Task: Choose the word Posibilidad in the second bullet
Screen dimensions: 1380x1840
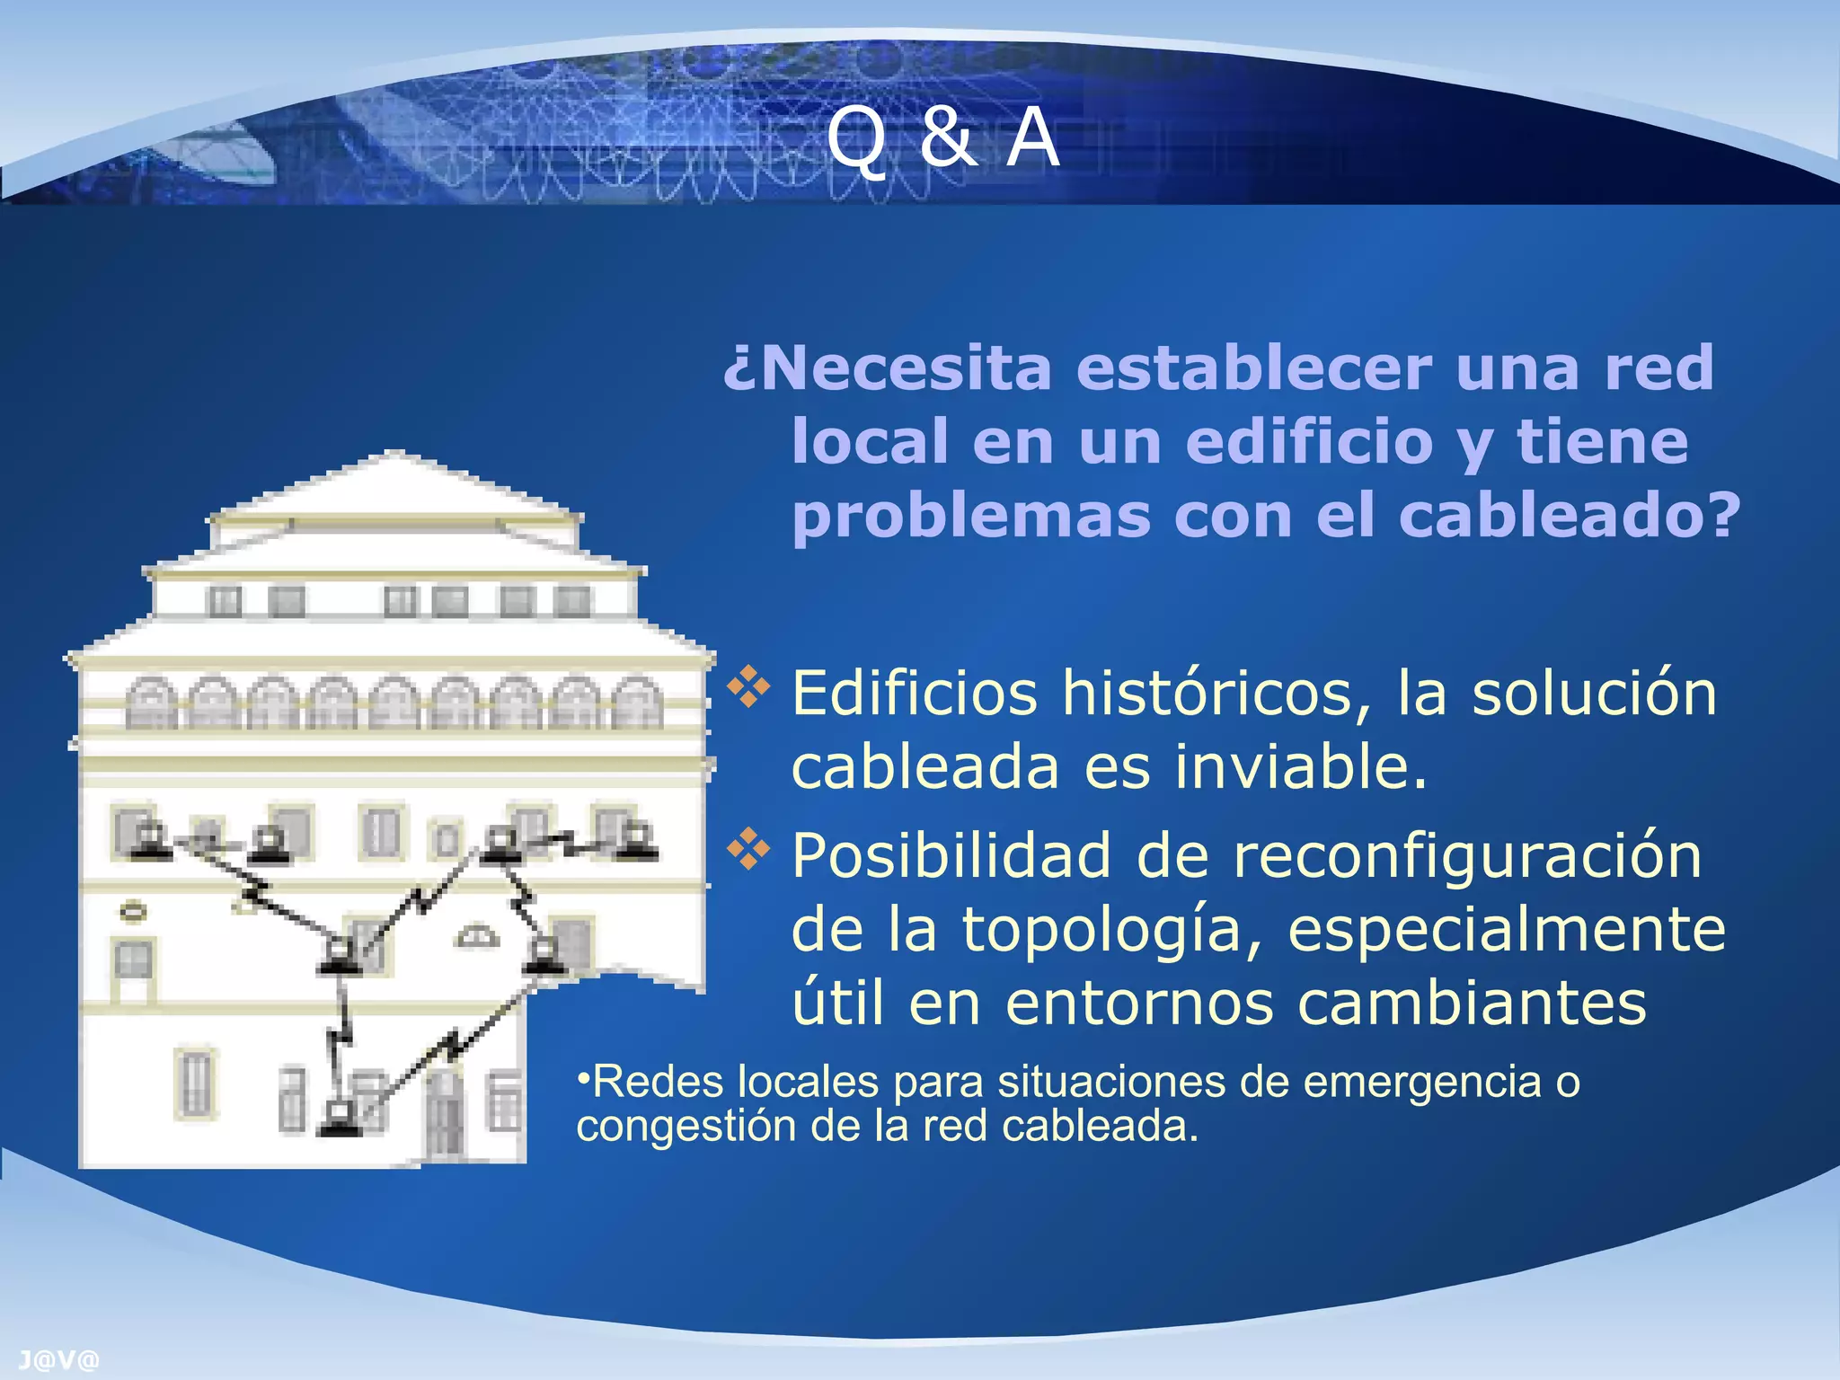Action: pyautogui.click(x=951, y=855)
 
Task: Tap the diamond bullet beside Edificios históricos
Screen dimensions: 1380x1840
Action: pyautogui.click(x=748, y=688)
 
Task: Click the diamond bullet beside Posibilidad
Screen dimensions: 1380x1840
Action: pyautogui.click(x=748, y=850)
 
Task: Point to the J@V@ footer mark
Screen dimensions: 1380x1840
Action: pyautogui.click(x=58, y=1360)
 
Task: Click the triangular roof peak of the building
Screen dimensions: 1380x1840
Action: pyautogui.click(x=395, y=476)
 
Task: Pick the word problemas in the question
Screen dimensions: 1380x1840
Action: pyautogui.click(x=970, y=516)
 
